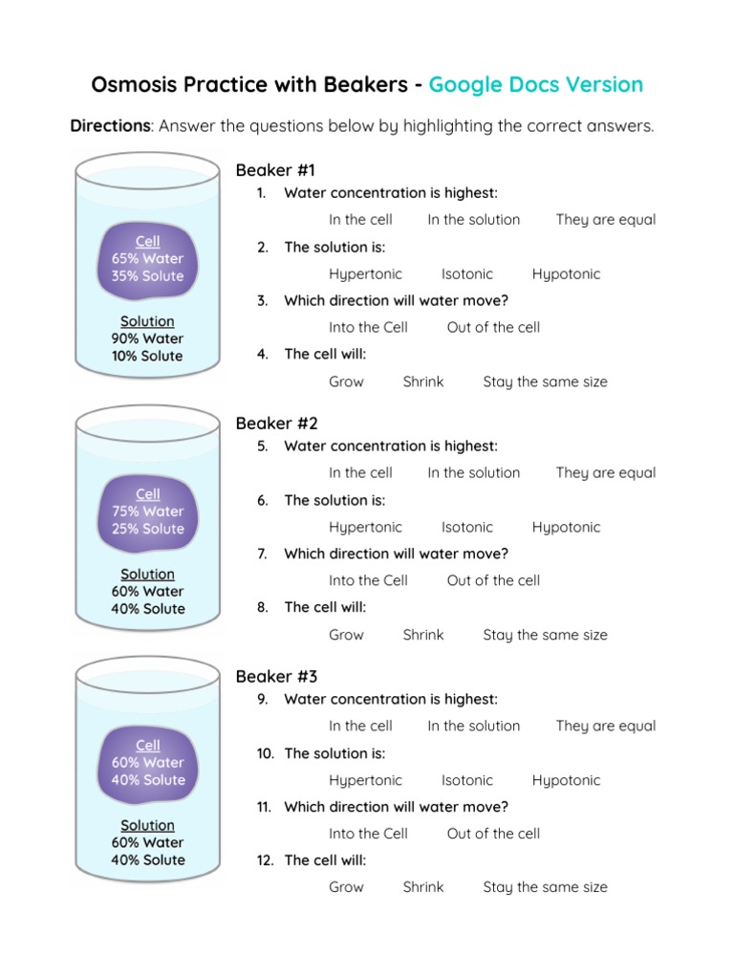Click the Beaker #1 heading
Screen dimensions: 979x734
275,170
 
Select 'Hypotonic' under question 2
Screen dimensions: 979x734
566,274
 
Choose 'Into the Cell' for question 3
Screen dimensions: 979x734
368,327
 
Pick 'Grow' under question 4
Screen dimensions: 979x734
346,381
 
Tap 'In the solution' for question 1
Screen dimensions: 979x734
473,220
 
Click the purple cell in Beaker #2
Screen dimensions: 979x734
148,512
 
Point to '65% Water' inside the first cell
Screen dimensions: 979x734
147,258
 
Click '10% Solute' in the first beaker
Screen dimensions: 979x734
147,356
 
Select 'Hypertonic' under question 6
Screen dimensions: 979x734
365,527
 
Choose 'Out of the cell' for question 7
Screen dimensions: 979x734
493,580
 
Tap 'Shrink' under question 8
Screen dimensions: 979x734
422,635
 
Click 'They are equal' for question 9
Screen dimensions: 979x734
606,726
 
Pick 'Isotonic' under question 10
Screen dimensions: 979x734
466,780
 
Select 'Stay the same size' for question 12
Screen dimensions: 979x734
545,887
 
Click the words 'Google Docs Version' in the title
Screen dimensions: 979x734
535,84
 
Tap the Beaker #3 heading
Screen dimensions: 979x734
276,677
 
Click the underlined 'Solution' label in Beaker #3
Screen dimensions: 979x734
147,825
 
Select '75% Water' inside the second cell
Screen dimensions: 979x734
147,511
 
